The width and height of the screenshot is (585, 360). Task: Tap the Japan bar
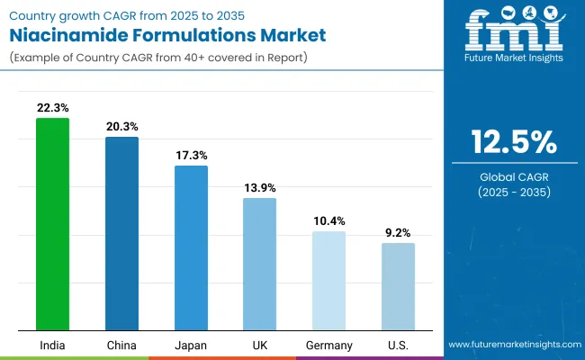click(191, 247)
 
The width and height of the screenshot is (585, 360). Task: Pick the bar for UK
click(259, 263)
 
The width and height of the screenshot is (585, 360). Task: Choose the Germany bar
click(328, 280)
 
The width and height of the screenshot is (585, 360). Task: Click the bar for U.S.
click(398, 285)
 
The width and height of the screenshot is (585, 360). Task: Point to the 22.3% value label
click(52, 107)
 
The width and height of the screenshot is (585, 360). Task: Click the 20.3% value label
click(121, 126)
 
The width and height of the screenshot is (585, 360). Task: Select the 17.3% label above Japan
click(191, 155)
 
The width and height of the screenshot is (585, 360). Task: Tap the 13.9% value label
click(259, 187)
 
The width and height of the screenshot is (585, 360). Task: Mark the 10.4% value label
click(328, 220)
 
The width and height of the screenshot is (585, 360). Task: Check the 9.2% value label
click(398, 232)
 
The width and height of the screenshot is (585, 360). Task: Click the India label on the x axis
click(52, 346)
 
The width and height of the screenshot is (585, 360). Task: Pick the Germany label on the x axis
click(328, 346)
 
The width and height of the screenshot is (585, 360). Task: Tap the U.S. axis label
click(398, 346)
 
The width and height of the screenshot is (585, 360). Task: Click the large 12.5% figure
click(514, 142)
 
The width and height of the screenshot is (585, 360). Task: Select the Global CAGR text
click(514, 176)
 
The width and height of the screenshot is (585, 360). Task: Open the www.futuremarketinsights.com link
click(513, 345)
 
